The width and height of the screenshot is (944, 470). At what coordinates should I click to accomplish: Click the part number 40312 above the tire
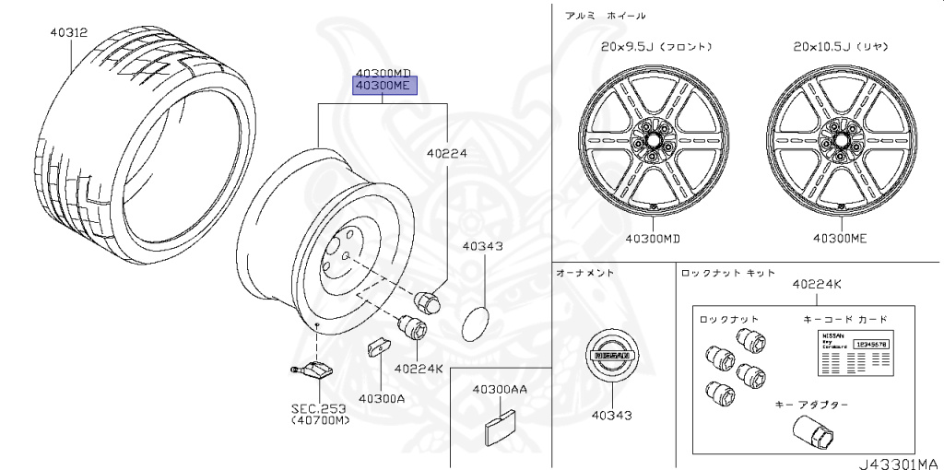click(69, 32)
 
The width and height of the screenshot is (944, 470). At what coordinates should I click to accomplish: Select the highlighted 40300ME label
click(383, 87)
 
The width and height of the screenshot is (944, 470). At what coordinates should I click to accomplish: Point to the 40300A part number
click(383, 398)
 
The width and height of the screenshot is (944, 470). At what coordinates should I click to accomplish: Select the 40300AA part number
click(500, 390)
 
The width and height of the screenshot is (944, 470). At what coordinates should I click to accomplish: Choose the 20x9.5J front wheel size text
click(655, 46)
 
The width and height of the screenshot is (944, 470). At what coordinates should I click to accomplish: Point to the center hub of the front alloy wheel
click(654, 140)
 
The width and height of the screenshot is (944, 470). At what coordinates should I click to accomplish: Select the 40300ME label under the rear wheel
click(840, 239)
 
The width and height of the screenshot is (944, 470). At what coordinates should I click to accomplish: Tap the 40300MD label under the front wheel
click(654, 239)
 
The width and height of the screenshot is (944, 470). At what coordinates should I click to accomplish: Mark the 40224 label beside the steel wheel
click(447, 155)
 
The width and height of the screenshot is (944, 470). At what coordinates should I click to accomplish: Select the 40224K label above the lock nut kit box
click(816, 285)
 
